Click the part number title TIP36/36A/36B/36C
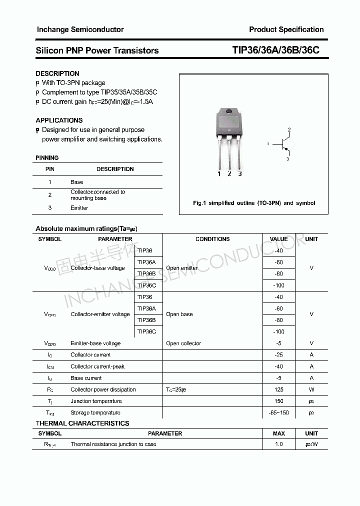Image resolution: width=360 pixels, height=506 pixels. (275, 50)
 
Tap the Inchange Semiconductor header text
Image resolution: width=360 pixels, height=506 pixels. (80, 29)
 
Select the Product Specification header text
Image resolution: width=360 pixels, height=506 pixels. (286, 29)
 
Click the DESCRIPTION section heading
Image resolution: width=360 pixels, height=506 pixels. (57, 73)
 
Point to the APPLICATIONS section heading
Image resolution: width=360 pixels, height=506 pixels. (59, 120)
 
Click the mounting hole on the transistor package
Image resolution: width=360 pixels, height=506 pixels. (228, 112)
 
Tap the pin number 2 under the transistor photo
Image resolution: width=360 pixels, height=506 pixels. (229, 173)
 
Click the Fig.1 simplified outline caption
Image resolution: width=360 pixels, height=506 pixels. (254, 203)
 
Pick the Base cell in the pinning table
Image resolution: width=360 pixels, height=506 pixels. (77, 182)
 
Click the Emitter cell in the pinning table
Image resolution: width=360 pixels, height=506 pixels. (79, 208)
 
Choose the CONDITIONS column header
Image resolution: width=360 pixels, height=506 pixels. (212, 239)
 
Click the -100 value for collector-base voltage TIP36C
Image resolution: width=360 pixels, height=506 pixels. (278, 285)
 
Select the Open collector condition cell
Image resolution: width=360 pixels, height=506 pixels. (183, 343)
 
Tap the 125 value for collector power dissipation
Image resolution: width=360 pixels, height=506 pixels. (278, 389)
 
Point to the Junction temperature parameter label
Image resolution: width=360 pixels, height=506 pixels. (96, 401)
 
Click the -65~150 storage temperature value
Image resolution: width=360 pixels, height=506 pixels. (278, 413)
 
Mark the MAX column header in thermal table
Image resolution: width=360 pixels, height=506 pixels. (278, 433)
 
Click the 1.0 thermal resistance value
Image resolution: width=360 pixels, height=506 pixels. (278, 444)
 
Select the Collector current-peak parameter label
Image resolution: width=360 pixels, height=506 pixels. (97, 366)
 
